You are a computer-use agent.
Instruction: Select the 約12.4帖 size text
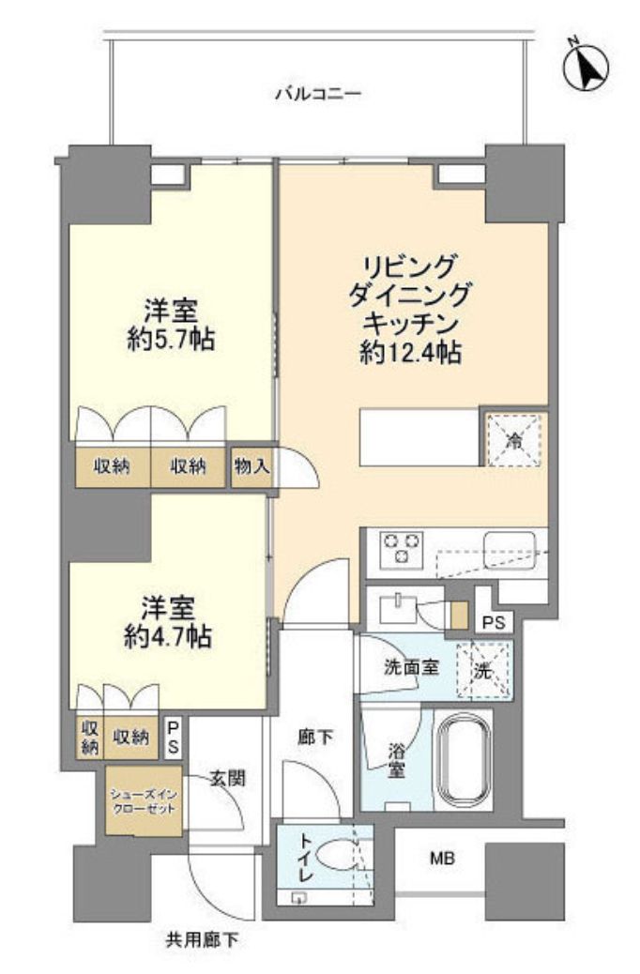tap(408, 353)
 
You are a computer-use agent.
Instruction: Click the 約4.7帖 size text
tap(169, 636)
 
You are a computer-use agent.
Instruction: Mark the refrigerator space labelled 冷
tap(512, 436)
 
